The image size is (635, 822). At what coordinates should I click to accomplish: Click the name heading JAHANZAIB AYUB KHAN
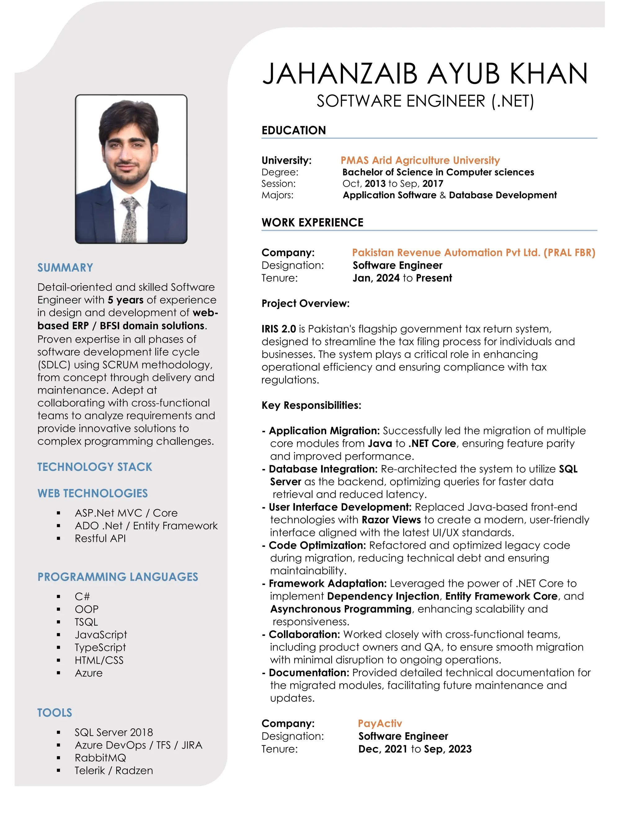point(425,74)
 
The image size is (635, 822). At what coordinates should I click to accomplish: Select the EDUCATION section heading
point(294,130)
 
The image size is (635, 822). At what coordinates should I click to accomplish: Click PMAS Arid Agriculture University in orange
point(420,160)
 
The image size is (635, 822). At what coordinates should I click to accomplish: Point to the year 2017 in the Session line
point(433,184)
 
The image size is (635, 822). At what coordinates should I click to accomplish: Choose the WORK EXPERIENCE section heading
point(313,222)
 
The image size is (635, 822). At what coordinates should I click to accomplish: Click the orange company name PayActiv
point(380,723)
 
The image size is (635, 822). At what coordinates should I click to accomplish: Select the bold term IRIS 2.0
point(279,329)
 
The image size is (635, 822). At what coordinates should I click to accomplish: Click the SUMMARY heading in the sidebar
point(65,268)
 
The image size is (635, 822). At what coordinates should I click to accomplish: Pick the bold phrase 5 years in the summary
point(126,300)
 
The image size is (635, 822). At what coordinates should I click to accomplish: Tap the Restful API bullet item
point(100,538)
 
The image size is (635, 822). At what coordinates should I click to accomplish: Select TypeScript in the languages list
point(100,647)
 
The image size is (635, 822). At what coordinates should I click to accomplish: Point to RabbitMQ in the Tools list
point(100,758)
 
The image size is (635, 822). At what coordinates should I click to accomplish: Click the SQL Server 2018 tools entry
point(113,732)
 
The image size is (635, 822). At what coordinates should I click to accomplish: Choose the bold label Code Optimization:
point(317,545)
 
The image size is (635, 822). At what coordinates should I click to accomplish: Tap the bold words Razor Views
point(391,520)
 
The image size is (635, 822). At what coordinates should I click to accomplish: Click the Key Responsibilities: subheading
point(311,405)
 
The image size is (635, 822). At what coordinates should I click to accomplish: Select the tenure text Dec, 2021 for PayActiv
point(383,749)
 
